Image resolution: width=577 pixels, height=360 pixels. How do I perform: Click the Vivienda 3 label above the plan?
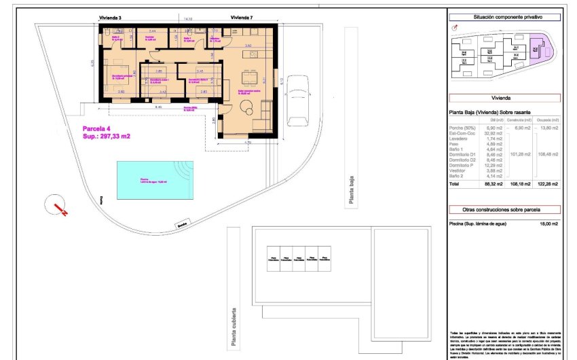tap(110, 17)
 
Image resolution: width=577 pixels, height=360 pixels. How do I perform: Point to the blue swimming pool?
tap(154, 177)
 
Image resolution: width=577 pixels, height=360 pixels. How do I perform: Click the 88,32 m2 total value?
tap(493, 184)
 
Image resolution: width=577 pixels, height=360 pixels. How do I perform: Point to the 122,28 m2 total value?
tap(547, 184)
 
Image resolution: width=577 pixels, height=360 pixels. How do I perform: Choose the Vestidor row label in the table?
tap(459, 170)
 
